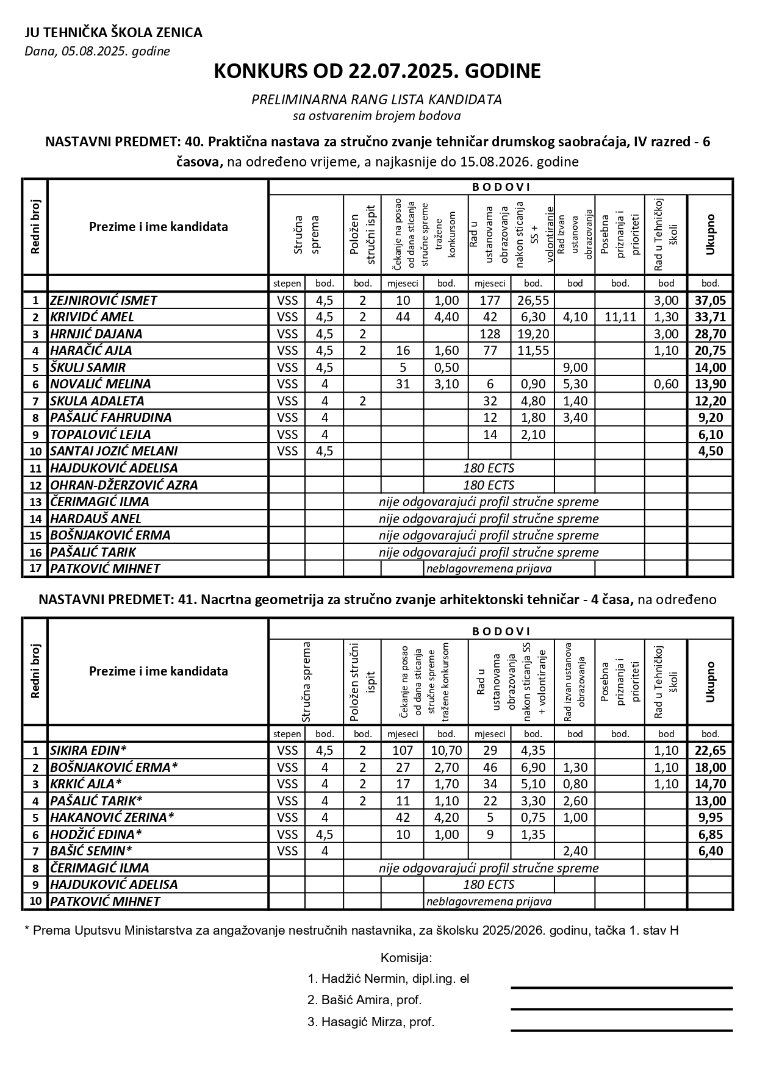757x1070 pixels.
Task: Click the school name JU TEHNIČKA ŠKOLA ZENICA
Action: click(113, 33)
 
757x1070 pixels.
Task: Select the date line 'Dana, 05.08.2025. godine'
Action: click(97, 51)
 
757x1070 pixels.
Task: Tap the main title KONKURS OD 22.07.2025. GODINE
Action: click(377, 71)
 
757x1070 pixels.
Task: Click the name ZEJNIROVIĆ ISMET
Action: click(104, 301)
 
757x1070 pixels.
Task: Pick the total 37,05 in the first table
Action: click(709, 301)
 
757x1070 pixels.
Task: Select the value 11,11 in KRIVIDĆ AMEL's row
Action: click(620, 317)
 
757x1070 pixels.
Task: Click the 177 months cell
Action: click(489, 301)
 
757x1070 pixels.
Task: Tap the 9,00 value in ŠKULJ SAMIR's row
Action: click(575, 368)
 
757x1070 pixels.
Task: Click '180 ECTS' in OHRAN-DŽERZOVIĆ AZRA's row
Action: click(489, 485)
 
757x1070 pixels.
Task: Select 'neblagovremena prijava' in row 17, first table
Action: click(489, 569)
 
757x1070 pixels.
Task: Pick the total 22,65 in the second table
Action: click(709, 751)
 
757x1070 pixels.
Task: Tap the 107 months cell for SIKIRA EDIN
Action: click(403, 751)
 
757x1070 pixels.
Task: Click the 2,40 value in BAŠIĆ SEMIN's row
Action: click(575, 851)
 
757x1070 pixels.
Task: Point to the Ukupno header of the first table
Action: click(709, 234)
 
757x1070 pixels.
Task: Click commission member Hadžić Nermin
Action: click(388, 979)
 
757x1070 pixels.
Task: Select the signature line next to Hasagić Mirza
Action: click(621, 1030)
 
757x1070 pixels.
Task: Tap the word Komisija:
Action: click(406, 957)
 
